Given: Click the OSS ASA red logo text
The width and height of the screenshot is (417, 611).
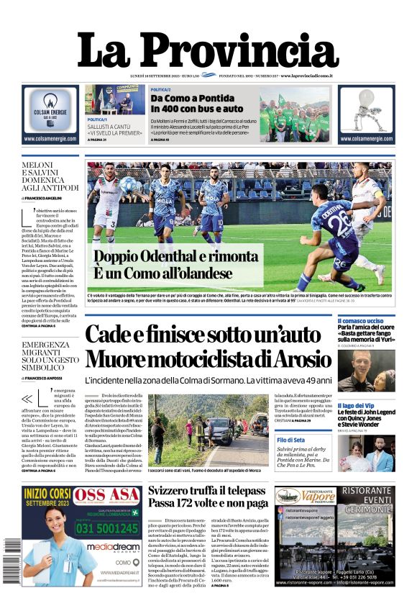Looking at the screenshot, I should [x=106, y=495].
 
